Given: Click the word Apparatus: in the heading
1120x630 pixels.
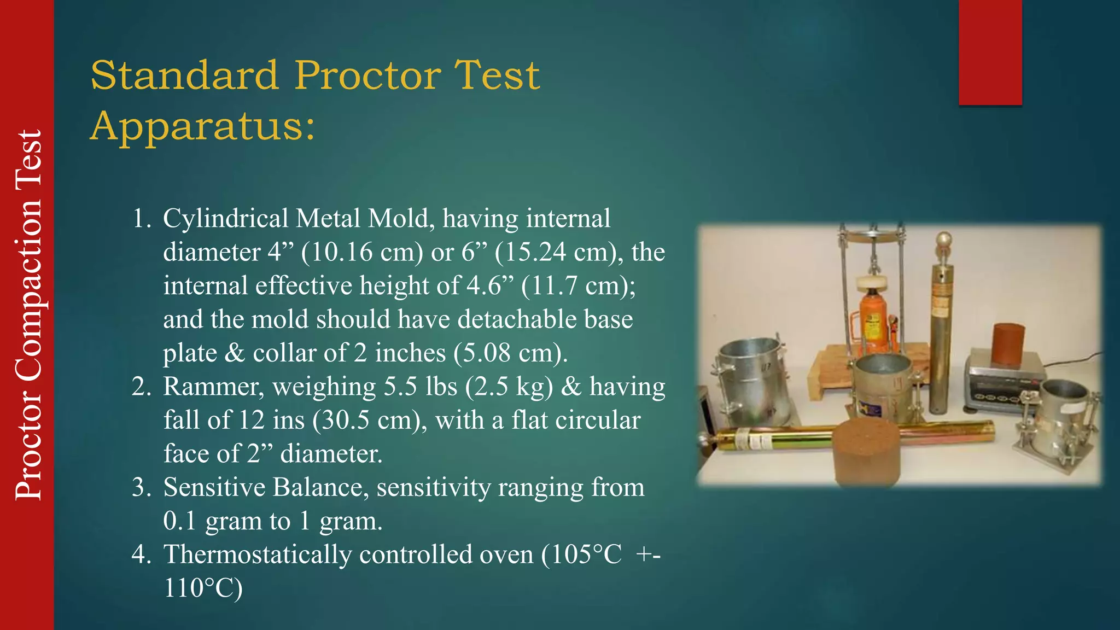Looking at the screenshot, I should [203, 126].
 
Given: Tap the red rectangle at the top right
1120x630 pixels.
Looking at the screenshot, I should [990, 52].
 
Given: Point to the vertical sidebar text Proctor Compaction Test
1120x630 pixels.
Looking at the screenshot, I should [28, 315].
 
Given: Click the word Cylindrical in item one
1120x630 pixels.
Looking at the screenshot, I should [225, 219].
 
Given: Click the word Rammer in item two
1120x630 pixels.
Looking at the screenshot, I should [214, 387].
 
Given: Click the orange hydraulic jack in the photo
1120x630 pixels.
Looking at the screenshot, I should [873, 323].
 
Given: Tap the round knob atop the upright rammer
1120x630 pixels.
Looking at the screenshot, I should [944, 241].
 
